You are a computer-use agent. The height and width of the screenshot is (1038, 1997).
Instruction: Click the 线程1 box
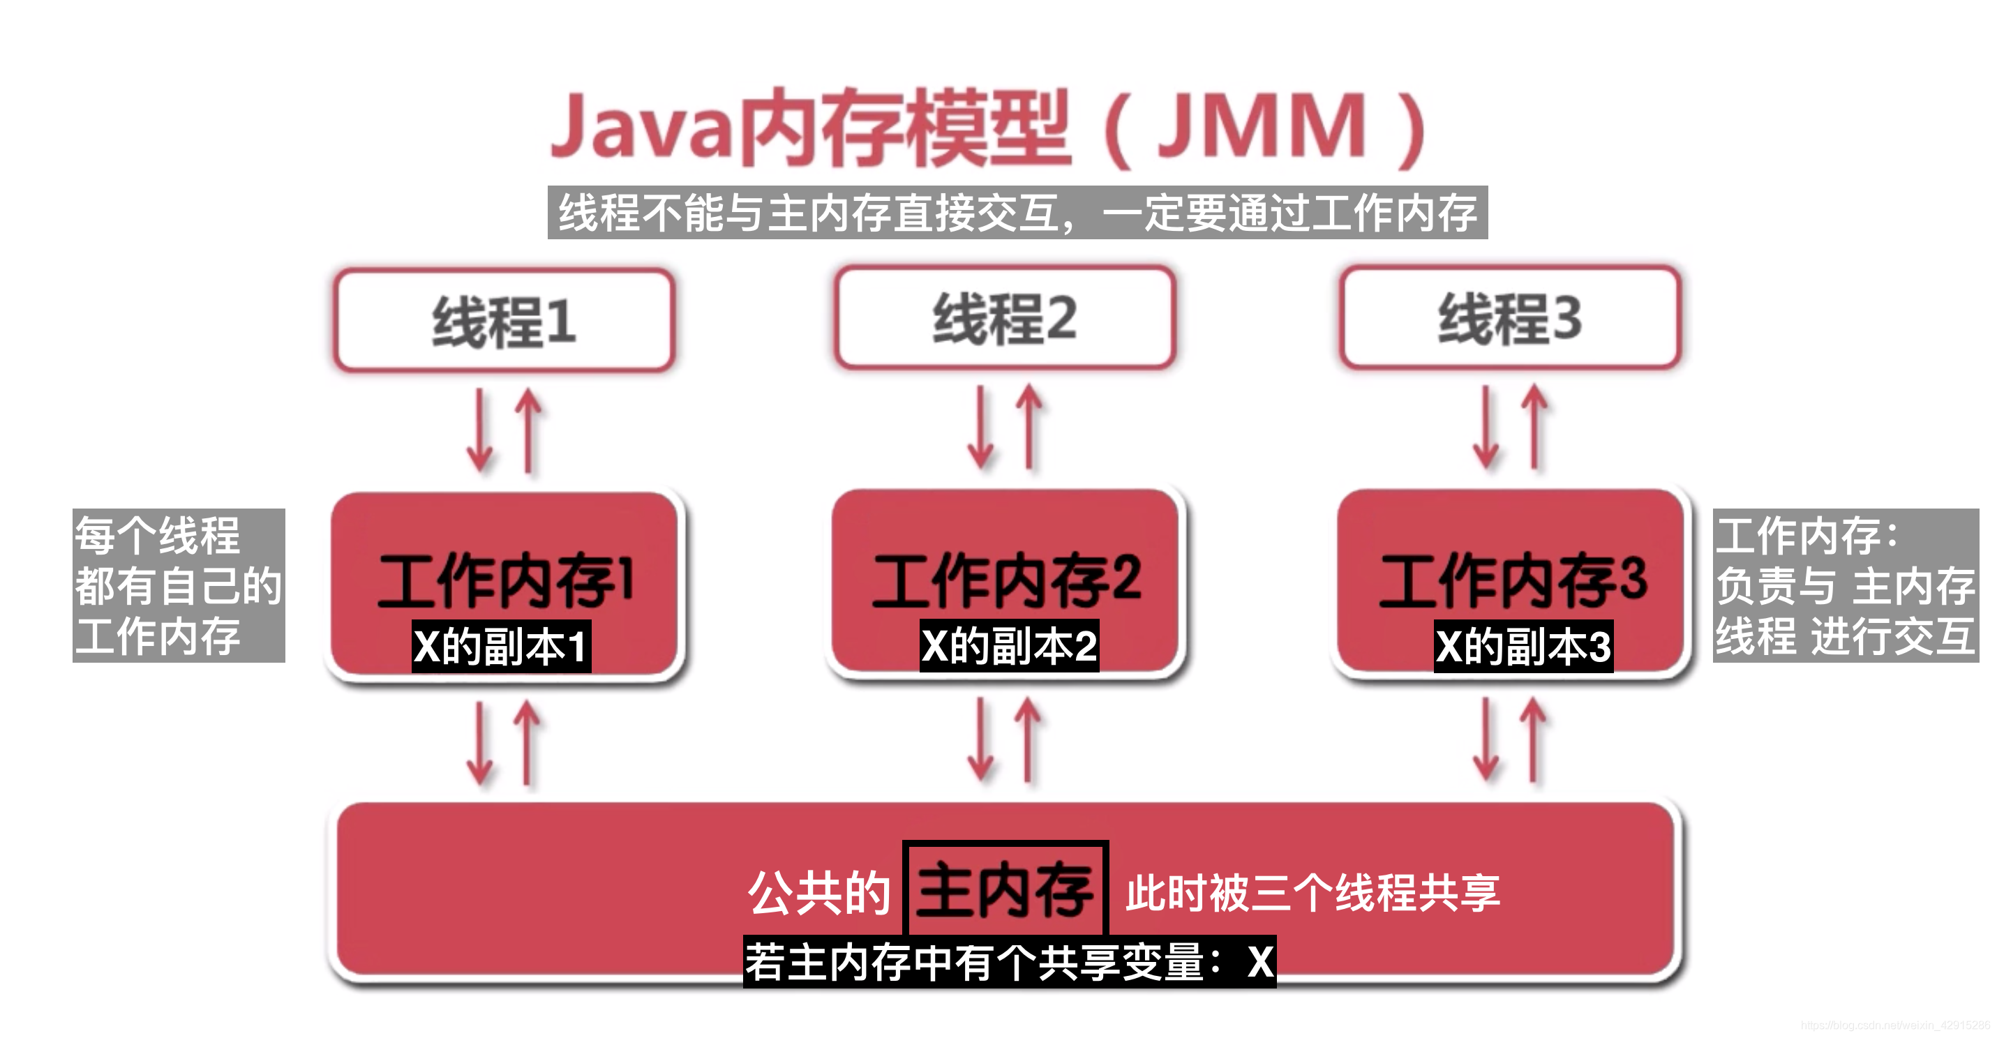pos(503,320)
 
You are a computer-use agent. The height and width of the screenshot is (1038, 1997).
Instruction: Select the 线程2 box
pos(1005,318)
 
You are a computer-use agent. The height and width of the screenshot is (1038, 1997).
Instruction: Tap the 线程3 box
pos(1510,318)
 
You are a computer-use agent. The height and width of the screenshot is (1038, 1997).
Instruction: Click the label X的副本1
pos(501,647)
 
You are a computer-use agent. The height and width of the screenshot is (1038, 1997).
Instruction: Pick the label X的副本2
pos(1008,646)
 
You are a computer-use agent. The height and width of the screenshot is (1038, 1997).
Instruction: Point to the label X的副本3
pos(1523,647)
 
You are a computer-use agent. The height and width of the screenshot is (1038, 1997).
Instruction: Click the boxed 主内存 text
pos(1005,890)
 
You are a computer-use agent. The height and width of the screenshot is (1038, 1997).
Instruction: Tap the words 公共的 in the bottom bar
pos(818,893)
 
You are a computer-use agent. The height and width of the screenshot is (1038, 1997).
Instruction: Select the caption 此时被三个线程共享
pos(1312,893)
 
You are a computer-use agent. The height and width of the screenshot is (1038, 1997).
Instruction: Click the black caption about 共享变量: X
pos(1008,962)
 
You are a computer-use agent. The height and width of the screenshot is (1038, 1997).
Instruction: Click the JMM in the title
pos(1261,126)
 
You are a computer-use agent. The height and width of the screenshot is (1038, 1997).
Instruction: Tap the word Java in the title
pos(642,126)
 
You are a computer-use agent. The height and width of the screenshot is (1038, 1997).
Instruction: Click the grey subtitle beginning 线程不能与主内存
pos(1017,212)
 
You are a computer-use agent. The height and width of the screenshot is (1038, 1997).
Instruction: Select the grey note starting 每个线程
pos(179,585)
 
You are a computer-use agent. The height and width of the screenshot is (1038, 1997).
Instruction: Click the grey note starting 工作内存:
pos(1845,585)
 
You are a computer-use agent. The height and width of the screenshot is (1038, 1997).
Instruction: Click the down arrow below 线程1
pos(480,431)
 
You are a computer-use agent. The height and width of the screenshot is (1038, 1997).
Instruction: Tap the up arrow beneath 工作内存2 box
pos(1028,739)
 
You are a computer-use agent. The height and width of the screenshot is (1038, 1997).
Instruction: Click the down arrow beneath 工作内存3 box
pos(1486,739)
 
